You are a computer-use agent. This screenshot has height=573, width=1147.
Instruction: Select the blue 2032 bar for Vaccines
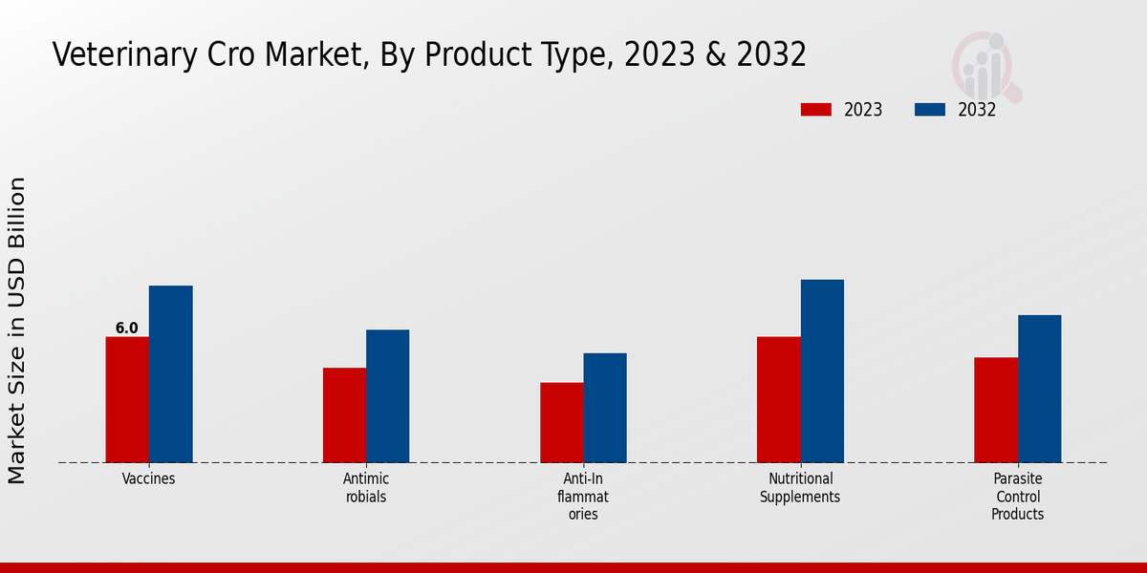(170, 373)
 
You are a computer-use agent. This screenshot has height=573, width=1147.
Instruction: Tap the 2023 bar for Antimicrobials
(344, 414)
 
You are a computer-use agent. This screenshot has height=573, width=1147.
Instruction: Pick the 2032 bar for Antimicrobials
(387, 395)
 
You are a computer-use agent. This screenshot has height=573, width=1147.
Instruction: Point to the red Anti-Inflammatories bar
(561, 422)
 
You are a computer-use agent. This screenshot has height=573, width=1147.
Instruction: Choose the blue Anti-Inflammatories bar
(605, 408)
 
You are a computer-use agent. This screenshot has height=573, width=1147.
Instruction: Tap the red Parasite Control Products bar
(996, 410)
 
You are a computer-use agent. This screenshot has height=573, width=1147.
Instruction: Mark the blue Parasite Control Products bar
(1039, 389)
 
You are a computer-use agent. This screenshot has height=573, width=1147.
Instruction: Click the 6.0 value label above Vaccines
(127, 329)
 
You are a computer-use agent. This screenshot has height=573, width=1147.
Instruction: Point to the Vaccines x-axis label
(148, 479)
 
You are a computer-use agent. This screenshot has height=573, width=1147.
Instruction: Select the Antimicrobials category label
(366, 488)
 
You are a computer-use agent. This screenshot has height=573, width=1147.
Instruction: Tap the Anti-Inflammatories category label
(583, 497)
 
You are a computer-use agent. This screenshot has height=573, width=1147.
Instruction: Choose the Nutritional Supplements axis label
(800, 488)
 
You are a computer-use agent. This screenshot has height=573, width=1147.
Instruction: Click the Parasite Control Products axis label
(1017, 497)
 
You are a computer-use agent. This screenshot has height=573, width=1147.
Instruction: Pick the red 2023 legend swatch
(815, 110)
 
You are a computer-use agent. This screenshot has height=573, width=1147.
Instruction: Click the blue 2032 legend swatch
(929, 110)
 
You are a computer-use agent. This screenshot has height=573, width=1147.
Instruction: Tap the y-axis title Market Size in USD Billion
(17, 329)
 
